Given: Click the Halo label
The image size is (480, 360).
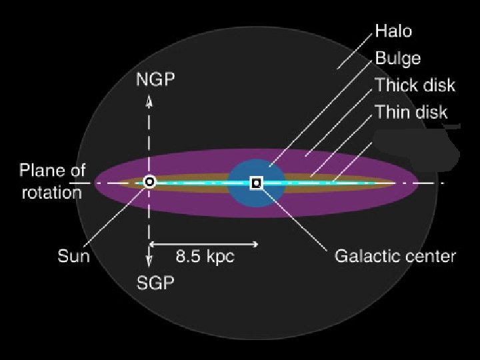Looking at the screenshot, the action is coord(393,31).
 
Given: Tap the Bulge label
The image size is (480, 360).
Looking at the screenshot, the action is coord(398,58).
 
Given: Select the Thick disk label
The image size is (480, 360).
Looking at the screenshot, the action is coord(415,85).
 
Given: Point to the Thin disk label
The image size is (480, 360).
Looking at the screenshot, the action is coord(411,111).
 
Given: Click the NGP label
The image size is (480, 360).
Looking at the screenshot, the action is coord(155,80).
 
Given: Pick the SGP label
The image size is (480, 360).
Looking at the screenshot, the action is coord(155,283).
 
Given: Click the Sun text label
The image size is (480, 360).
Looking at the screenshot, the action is coord(73,256).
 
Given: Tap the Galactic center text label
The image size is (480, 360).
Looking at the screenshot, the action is coord(395,256).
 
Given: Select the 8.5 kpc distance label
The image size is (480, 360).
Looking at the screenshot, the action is coord(205,256).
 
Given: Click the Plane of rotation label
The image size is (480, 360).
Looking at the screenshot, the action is coord(52,181).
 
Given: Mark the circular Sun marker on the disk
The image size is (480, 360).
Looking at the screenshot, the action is coord(150,181).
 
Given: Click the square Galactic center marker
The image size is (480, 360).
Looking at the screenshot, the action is coord(256,182).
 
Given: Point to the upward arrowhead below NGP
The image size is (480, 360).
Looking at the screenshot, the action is coord(149,101).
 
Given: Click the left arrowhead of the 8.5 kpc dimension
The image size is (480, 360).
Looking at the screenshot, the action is coord(153,244).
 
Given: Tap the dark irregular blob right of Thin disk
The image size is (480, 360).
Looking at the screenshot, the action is coord(417,150).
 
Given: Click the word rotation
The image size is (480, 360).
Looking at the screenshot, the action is coord(52,193).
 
